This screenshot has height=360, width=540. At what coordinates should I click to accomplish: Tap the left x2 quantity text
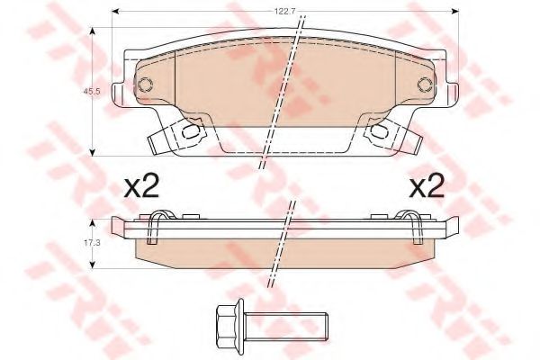pos(140,186)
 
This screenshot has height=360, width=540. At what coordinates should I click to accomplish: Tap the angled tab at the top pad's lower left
pos(155,139)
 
